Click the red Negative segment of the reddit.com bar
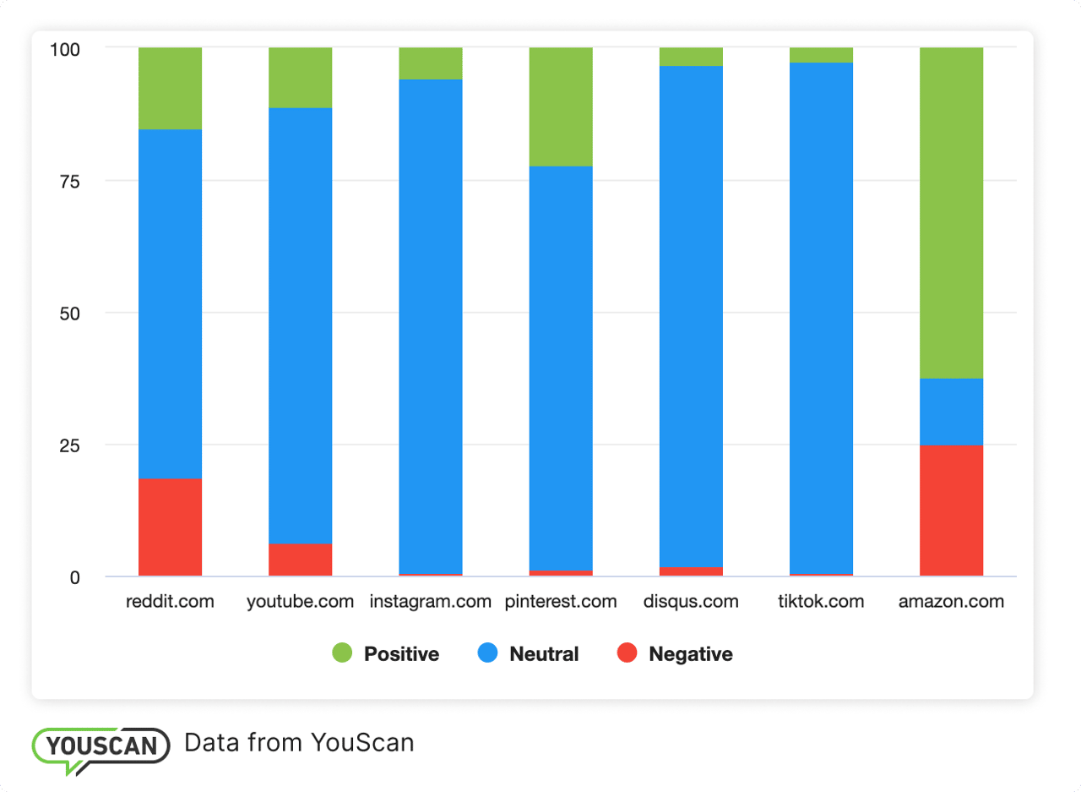170,527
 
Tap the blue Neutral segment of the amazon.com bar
951,412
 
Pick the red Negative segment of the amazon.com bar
951,511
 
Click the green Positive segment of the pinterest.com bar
560,107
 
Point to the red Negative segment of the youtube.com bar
300,560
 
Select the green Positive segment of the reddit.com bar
170,89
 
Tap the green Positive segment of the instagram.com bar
430,63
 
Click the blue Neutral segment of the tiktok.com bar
821,318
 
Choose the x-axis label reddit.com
170,602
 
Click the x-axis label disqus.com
690,602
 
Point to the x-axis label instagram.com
430,602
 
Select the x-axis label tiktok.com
821,602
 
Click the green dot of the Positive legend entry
342,653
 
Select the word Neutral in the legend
544,654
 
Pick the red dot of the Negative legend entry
627,653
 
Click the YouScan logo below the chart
100,746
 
